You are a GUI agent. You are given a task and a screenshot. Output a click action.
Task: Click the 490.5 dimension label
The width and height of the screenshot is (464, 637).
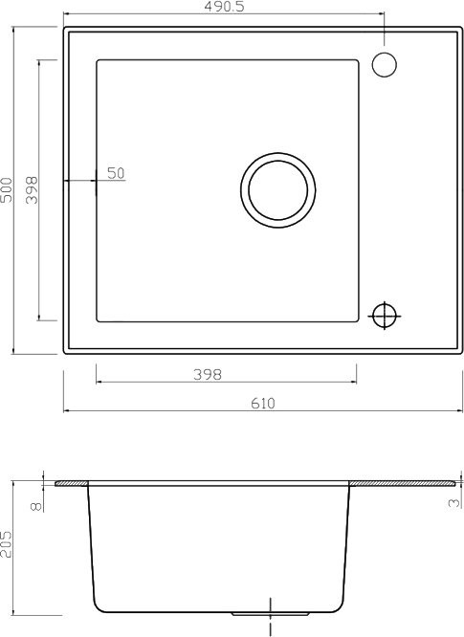pyautogui.click(x=224, y=7)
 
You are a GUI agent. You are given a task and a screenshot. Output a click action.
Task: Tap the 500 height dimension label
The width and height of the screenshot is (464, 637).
pyautogui.click(x=6, y=189)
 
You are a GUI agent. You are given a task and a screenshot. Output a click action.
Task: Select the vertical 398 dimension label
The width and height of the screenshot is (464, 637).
pyautogui.click(x=31, y=189)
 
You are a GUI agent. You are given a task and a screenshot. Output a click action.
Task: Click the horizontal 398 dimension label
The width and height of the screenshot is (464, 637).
pyautogui.click(x=208, y=374)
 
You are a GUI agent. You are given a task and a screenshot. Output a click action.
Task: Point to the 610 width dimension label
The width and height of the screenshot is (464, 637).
pyautogui.click(x=263, y=403)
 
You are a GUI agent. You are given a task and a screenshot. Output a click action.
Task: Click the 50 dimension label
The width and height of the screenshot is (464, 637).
pyautogui.click(x=116, y=173)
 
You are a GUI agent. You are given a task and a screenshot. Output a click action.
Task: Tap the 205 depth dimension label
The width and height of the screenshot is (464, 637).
pyautogui.click(x=6, y=544)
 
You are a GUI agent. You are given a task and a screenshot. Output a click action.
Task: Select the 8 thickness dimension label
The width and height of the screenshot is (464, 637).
pyautogui.click(x=36, y=506)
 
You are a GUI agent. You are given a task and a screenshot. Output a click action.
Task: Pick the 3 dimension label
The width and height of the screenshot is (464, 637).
pyautogui.click(x=454, y=503)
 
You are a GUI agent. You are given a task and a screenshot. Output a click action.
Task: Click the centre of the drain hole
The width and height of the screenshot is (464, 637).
pyautogui.click(x=277, y=190)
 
